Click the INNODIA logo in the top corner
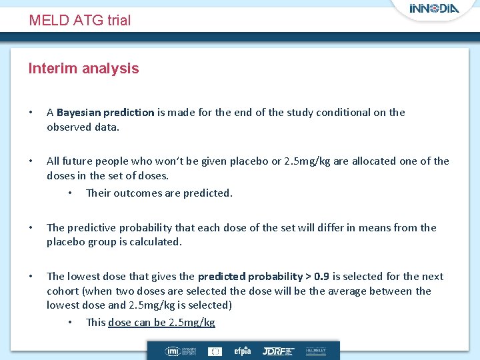[435, 9]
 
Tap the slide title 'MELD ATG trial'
[80, 21]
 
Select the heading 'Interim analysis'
[83, 68]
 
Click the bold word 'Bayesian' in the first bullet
[77, 113]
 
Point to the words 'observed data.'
[83, 127]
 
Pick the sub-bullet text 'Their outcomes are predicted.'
[159, 193]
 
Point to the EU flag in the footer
[215, 351]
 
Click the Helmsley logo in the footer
[315, 351]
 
